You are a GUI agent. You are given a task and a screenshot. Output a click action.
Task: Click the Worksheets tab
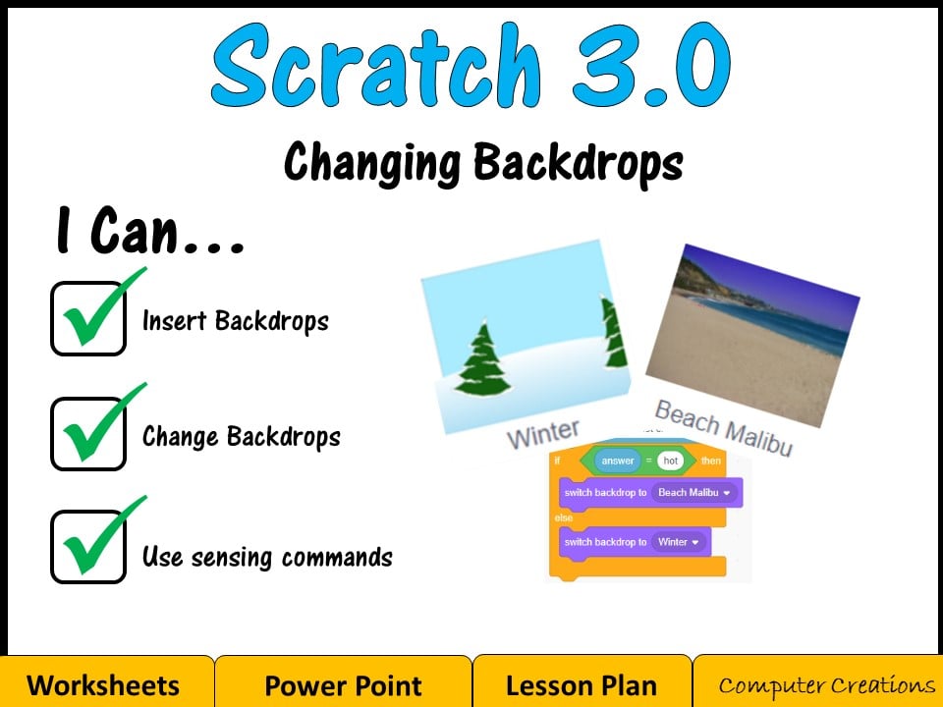(x=103, y=684)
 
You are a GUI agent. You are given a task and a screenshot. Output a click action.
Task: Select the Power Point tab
(x=343, y=684)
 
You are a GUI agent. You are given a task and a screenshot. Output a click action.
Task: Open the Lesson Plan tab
(x=582, y=684)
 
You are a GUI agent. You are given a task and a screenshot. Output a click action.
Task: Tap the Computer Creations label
(x=826, y=684)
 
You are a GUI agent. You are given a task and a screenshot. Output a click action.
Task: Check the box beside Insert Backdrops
(x=88, y=318)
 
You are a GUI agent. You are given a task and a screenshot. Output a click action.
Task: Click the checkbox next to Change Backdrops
(x=88, y=434)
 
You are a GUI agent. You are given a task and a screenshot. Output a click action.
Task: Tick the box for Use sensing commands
(x=88, y=547)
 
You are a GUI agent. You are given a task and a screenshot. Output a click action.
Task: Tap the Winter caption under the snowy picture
(x=543, y=433)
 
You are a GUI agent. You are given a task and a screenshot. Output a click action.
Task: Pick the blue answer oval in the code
(x=618, y=460)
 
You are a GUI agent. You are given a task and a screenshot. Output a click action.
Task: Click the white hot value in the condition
(x=671, y=460)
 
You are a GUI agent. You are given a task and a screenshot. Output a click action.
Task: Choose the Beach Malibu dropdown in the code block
(x=693, y=492)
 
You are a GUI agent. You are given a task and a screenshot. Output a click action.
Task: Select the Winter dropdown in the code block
(x=678, y=542)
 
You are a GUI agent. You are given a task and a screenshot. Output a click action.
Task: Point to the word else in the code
(x=563, y=517)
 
